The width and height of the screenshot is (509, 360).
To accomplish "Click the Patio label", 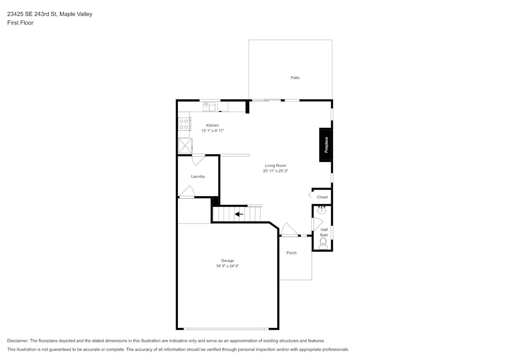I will click(295, 78).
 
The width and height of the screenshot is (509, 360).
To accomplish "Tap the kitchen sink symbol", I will click(209, 107).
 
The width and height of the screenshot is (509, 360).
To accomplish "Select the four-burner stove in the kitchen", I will click(184, 124).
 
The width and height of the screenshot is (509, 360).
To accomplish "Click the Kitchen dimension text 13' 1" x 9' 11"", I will click(212, 131).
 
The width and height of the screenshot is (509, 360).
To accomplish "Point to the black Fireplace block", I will click(325, 145).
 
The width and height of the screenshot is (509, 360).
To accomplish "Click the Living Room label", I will click(275, 166).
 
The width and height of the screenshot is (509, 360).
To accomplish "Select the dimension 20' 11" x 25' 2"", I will click(275, 171).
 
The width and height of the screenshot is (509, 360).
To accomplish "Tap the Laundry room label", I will click(198, 176).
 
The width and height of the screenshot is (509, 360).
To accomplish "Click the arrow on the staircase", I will click(239, 214).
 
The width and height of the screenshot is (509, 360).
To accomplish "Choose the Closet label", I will click(322, 197).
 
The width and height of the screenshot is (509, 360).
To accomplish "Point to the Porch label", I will click(291, 253).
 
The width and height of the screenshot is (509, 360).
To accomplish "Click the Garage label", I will click(227, 261).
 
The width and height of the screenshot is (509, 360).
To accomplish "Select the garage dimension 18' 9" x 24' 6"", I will click(227, 266).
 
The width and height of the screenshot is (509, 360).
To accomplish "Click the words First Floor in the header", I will click(20, 23).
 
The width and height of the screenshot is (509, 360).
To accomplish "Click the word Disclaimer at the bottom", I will click(18, 341).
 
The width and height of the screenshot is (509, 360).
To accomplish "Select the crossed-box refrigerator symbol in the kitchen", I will click(185, 146).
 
